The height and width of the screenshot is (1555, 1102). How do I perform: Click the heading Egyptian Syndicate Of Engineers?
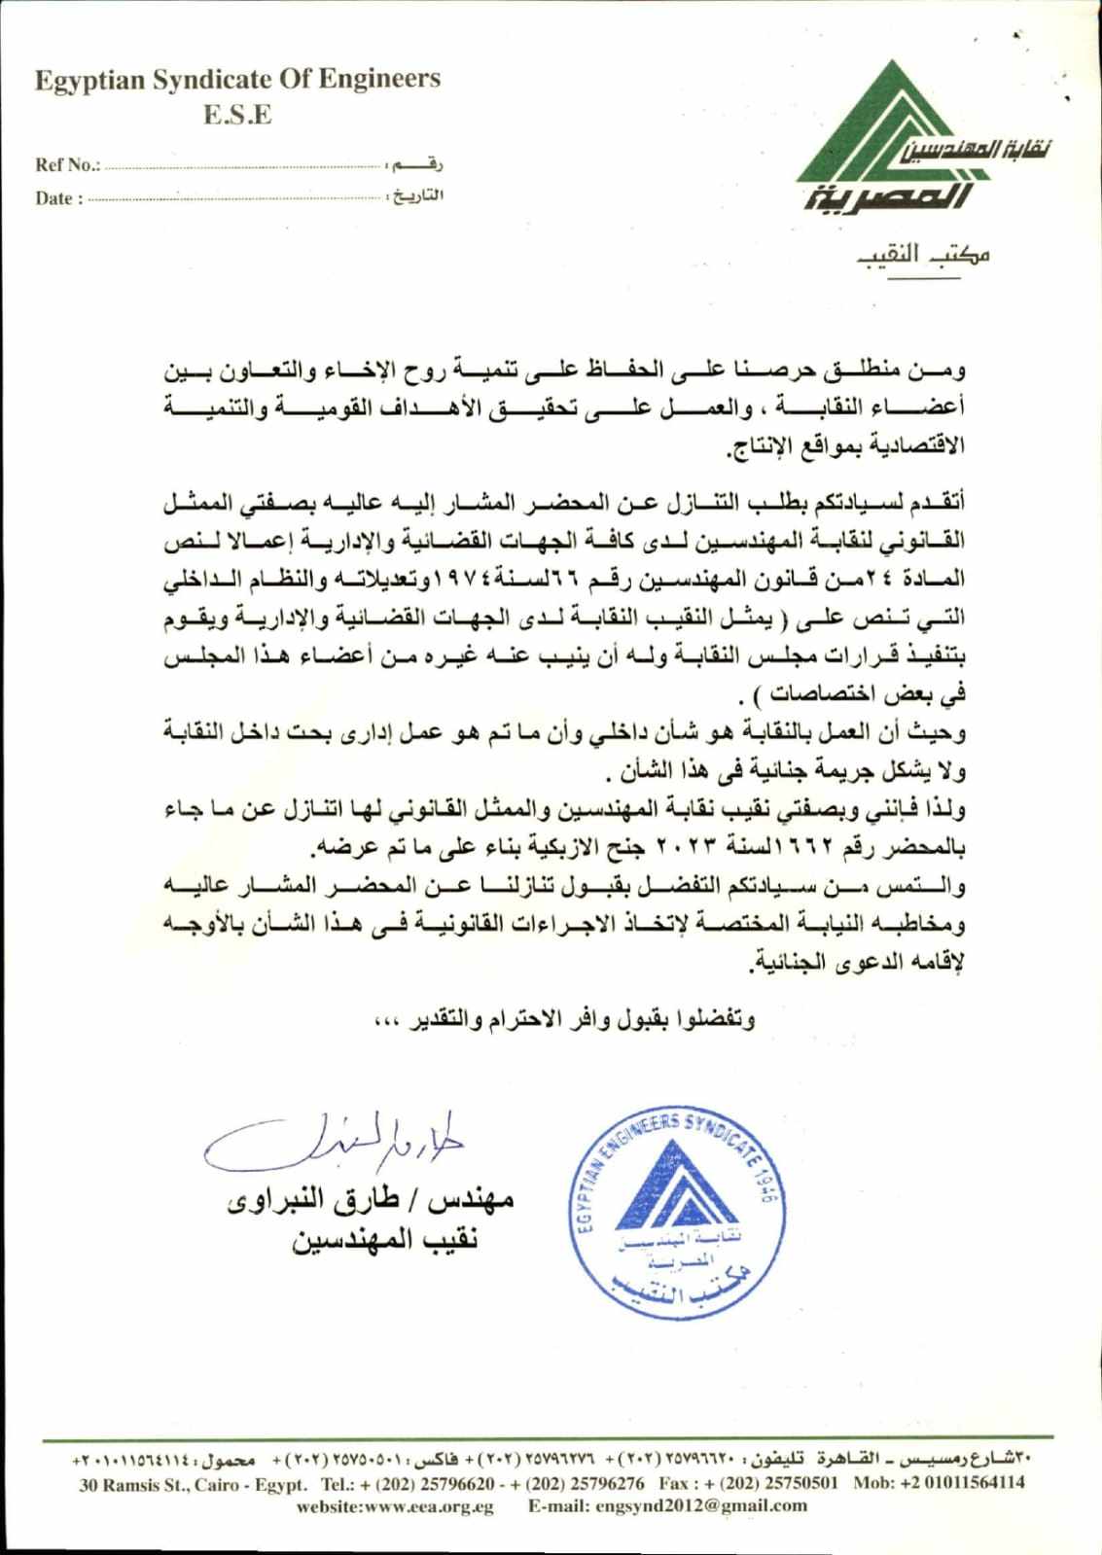pos(237,79)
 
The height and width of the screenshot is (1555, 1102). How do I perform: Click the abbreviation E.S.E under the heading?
pos(237,115)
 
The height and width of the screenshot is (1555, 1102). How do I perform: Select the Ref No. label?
pos(67,164)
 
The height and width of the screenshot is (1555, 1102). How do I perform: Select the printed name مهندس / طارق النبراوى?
pos(371,1199)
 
